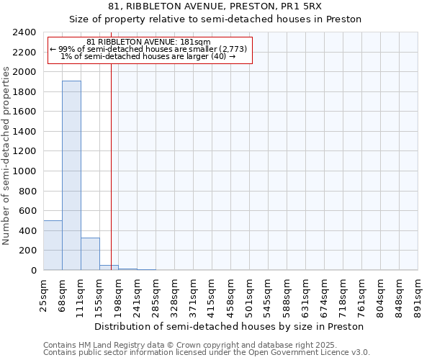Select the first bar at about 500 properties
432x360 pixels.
53,245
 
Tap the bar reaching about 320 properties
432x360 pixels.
90,253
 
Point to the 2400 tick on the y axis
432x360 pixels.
26,32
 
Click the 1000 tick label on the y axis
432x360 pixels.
26,171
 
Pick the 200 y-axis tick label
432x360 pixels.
28,251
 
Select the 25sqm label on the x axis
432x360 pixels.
44,295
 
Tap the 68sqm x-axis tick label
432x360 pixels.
63,295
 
